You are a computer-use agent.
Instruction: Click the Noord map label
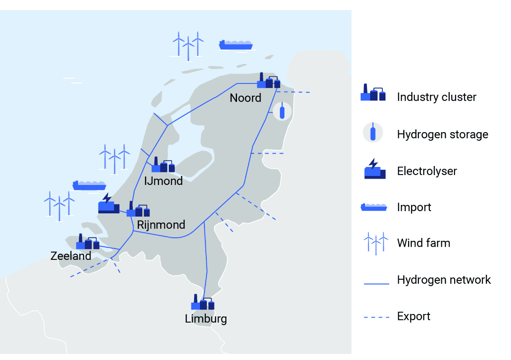click(245, 98)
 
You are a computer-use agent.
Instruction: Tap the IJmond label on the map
click(163, 181)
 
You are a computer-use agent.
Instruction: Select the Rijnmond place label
click(161, 225)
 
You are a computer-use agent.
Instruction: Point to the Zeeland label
click(71, 256)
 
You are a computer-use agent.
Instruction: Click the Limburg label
click(206, 319)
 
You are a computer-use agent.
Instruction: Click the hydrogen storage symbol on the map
click(283, 111)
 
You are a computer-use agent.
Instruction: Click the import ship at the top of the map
click(235, 44)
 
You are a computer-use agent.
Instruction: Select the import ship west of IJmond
click(89, 185)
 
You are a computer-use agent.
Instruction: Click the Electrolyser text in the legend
click(427, 171)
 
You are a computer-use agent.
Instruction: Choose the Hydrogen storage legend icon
click(373, 134)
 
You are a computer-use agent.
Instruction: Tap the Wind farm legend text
click(423, 243)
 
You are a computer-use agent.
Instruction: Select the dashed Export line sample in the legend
click(376, 317)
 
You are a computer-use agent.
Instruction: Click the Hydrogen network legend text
click(444, 280)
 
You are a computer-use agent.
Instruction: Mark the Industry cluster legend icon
click(373, 93)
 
